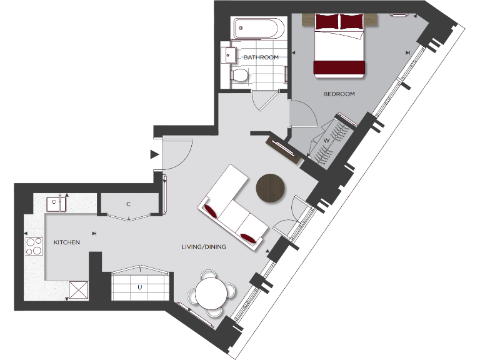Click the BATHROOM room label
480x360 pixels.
click(x=261, y=57)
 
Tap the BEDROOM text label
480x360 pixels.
click(x=339, y=94)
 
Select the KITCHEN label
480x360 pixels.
click(x=66, y=242)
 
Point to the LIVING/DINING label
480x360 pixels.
click(x=204, y=247)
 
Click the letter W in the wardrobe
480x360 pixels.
click(x=326, y=140)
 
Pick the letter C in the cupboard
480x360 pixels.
click(x=128, y=204)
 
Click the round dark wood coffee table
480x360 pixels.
click(x=271, y=188)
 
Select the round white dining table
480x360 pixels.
click(x=212, y=291)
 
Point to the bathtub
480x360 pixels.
click(x=258, y=29)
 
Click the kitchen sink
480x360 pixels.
click(x=56, y=202)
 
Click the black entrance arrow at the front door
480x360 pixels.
click(x=154, y=154)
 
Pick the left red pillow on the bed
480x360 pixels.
click(x=326, y=22)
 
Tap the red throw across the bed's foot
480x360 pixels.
click(x=339, y=67)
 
